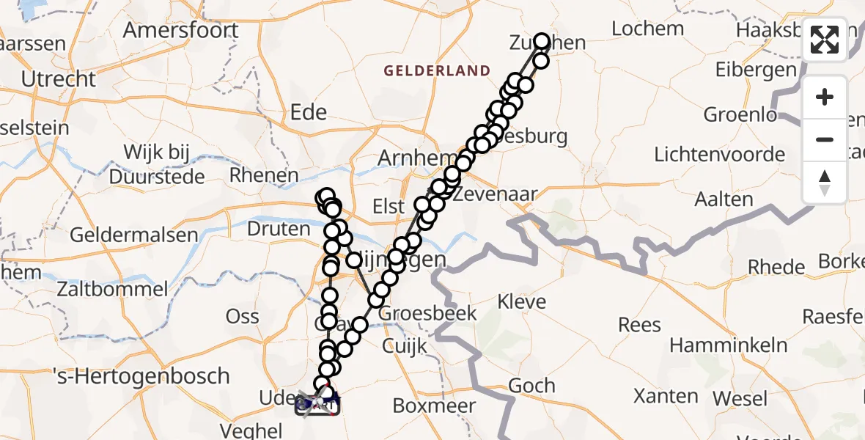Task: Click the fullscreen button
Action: point(825,40)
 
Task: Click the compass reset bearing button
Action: point(825,182)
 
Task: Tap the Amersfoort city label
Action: point(180,31)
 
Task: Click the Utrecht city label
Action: point(59,79)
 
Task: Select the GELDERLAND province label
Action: point(437,71)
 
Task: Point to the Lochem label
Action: point(647,29)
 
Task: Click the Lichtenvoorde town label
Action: point(719,155)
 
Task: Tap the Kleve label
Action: point(521,301)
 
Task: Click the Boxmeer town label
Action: point(434,406)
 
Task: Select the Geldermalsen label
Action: point(134,235)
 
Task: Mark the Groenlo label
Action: point(740,115)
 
